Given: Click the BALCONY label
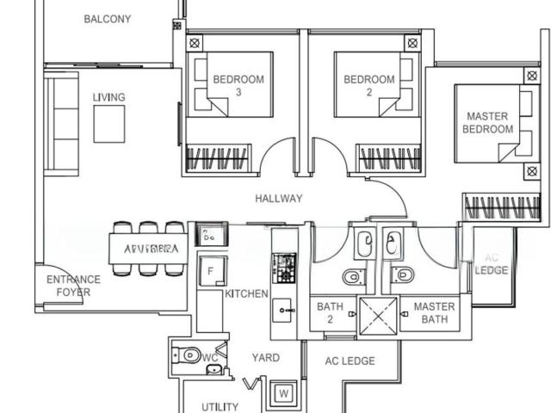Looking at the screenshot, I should tap(108, 19).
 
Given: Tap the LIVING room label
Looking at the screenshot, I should tap(108, 97).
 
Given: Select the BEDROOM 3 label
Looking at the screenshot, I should tap(238, 86).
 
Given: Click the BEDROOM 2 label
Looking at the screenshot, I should tap(369, 86).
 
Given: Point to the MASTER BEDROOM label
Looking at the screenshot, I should tap(487, 122).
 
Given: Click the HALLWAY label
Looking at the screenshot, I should tap(279, 199).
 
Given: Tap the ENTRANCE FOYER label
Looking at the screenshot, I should tap(73, 286).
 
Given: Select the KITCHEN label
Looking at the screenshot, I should tap(246, 293).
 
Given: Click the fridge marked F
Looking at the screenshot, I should tap(209, 271).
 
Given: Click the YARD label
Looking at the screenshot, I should tap(265, 357).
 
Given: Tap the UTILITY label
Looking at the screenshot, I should tap(220, 407).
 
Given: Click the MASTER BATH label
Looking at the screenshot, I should tap(434, 313).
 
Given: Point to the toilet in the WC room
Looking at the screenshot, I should tap(188, 354).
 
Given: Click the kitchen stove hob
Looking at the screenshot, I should tap(283, 266).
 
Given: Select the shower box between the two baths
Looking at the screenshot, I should tap(380, 314).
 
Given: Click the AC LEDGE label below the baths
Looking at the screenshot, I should tap(350, 361).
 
